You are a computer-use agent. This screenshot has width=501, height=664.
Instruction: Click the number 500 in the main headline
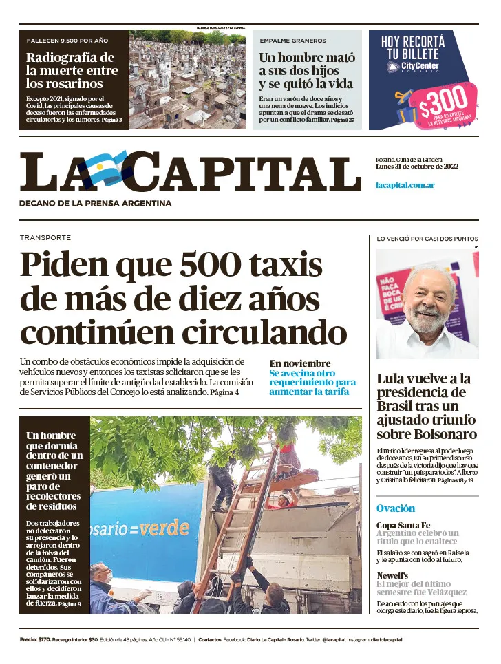point(209,265)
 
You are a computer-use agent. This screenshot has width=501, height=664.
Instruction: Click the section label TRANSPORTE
point(45,237)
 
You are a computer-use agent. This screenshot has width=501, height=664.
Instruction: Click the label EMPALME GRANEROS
point(292,41)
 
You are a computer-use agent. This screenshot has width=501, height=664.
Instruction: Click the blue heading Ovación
point(396,508)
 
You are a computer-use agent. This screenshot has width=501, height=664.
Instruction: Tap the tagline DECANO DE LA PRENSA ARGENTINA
point(96,203)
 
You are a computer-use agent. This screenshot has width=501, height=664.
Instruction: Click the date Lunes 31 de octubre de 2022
point(417,167)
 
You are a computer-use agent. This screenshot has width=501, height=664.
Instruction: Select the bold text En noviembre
point(300,363)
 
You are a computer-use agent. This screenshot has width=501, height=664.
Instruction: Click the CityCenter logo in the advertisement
point(413,67)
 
